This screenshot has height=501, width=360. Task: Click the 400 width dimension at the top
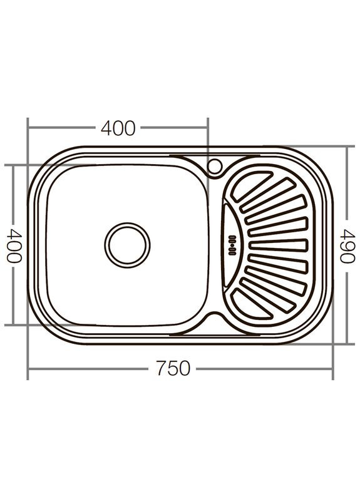click(x=118, y=128)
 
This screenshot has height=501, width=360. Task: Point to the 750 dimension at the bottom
click(x=173, y=369)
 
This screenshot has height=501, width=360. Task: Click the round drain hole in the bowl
click(x=127, y=244)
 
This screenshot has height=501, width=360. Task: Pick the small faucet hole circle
click(x=214, y=166)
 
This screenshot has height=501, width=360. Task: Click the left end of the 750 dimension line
click(x=28, y=369)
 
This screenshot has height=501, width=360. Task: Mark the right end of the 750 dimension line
click(x=332, y=369)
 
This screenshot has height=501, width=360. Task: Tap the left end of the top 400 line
click(x=28, y=128)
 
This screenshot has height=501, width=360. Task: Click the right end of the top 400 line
click(x=207, y=128)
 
